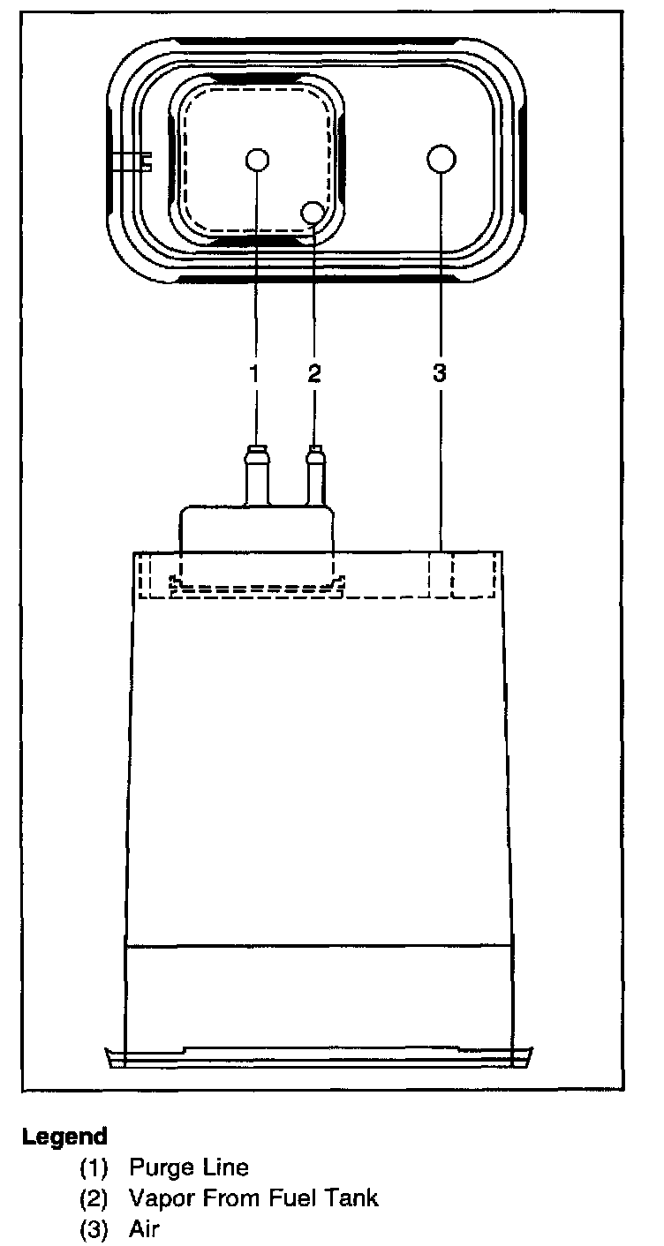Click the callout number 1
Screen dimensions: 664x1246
pyautogui.click(x=254, y=373)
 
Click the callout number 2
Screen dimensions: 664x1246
pyautogui.click(x=314, y=373)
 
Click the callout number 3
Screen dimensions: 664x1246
pyautogui.click(x=440, y=373)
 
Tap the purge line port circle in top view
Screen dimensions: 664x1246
pyautogui.click(x=257, y=160)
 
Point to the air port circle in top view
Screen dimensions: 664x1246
pyautogui.click(x=441, y=160)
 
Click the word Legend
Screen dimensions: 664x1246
pyautogui.click(x=64, y=1136)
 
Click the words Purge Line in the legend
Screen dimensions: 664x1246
pyautogui.click(x=189, y=1167)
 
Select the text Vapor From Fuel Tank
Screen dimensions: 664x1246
pyautogui.click(x=253, y=1197)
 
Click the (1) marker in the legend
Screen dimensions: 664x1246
pyautogui.click(x=94, y=1168)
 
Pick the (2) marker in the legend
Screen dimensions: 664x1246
pyautogui.click(x=94, y=1198)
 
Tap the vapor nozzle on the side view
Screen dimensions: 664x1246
pyautogui.click(x=315, y=477)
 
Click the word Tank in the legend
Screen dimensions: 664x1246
pyautogui.click(x=353, y=1197)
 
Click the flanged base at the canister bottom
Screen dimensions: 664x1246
pyautogui.click(x=319, y=1055)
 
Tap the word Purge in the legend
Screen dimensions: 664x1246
pyautogui.click(x=160, y=1168)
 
